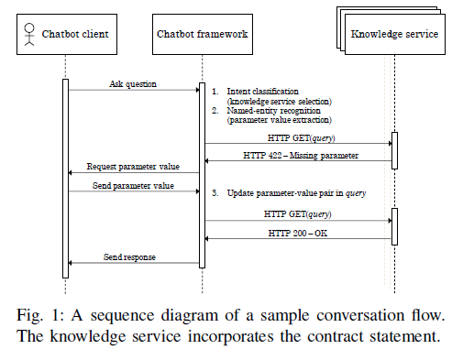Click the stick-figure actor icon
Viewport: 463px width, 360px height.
(29, 35)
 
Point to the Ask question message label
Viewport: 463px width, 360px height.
(133, 83)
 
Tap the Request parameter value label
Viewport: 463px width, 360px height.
(133, 167)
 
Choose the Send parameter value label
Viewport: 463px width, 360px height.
(133, 185)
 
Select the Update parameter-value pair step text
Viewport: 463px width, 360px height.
(290, 193)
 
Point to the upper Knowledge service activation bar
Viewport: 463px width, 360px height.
(394, 150)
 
